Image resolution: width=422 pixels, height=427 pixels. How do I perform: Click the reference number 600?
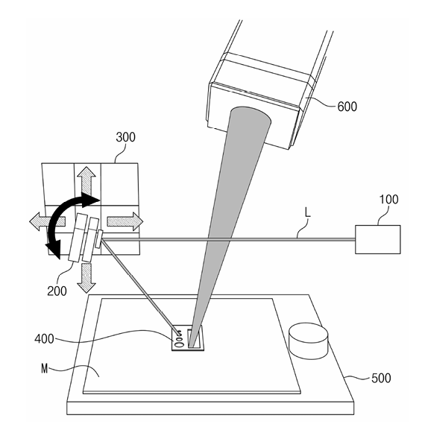(347, 107)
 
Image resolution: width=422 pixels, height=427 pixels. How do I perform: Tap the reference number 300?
(125, 137)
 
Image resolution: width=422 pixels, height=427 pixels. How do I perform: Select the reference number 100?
(388, 200)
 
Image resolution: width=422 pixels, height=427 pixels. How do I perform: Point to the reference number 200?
(57, 291)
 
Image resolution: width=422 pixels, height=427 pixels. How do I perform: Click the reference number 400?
(44, 339)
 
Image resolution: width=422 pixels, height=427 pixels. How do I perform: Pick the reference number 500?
(381, 378)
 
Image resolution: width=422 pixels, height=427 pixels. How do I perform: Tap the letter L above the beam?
(308, 212)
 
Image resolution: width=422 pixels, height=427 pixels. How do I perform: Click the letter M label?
(45, 369)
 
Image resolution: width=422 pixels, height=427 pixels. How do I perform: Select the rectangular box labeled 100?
(377, 239)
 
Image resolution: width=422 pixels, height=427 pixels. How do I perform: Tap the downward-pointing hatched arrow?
(86, 278)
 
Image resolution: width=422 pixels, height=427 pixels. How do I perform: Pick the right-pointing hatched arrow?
(125, 221)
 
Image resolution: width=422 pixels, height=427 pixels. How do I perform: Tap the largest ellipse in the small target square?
(180, 345)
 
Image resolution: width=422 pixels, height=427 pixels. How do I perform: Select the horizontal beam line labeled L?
(229, 240)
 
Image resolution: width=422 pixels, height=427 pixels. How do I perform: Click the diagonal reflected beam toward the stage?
(141, 286)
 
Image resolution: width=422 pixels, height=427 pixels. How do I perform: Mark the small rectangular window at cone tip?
(195, 338)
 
